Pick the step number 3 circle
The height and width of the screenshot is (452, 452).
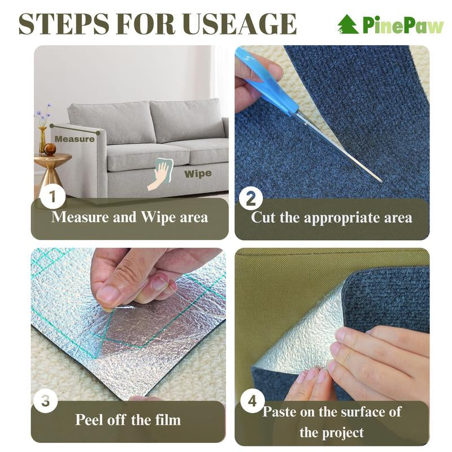[47, 402]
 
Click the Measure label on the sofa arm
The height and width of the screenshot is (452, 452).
[74, 139]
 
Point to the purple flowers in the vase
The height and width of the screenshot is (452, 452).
[44, 114]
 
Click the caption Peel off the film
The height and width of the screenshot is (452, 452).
[128, 420]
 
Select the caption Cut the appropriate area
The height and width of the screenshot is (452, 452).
[332, 218]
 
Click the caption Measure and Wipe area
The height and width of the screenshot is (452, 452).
[129, 217]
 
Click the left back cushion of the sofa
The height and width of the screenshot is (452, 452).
[126, 122]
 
